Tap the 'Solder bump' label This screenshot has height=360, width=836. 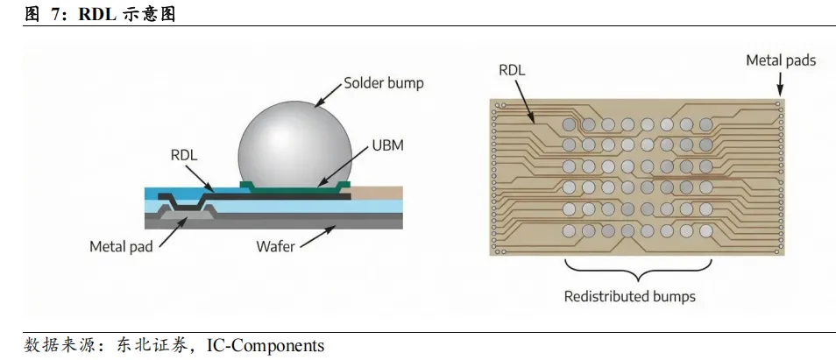383,83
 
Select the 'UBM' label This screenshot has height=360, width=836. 387,145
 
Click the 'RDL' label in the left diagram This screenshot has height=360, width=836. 184,155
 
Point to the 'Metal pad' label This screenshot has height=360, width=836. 121,246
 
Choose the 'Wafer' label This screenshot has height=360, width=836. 275,246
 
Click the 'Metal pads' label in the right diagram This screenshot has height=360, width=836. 780,60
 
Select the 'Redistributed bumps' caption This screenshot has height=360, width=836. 629,296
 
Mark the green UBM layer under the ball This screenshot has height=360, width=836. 294,186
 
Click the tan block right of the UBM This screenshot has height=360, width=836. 377,193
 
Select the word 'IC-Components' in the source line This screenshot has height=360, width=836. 266,345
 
